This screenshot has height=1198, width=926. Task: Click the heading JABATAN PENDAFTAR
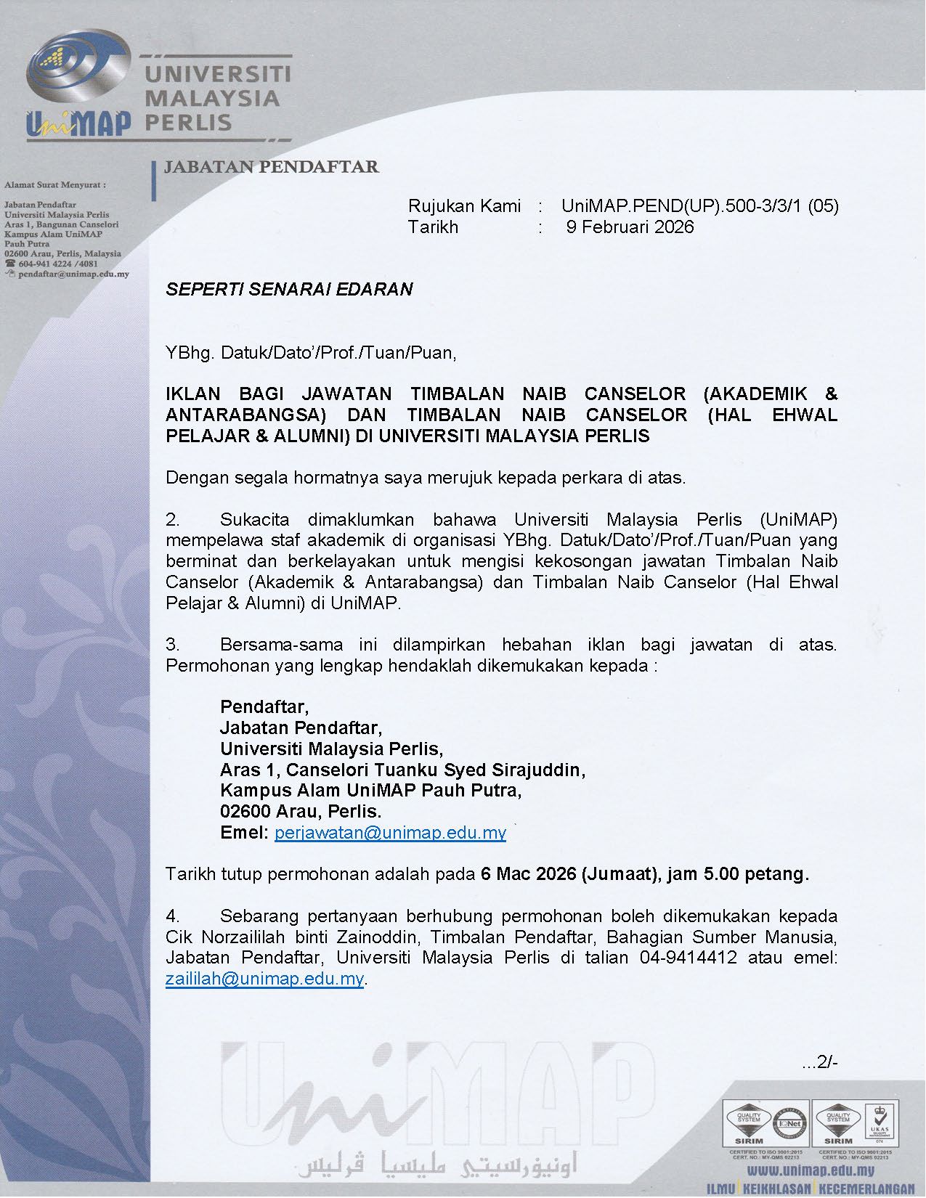point(271,167)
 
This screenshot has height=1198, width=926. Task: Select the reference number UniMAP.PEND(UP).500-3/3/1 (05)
point(699,205)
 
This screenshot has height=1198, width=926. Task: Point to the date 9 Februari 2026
point(630,227)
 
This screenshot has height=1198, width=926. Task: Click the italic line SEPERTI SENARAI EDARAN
point(289,289)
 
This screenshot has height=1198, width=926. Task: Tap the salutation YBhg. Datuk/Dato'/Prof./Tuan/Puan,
point(311,353)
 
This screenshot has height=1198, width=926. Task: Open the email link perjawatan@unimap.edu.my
point(390,832)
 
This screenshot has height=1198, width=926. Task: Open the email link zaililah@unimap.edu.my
point(264,978)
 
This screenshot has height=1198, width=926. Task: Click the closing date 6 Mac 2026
point(528,873)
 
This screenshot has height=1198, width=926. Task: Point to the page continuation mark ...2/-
point(820,1063)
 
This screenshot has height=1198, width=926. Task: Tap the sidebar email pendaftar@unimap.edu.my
point(73,274)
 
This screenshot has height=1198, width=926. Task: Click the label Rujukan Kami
point(464,205)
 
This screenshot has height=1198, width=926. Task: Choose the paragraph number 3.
point(172,644)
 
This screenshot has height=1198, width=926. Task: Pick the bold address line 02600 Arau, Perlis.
point(301,811)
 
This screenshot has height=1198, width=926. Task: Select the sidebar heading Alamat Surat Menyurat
point(54,185)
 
